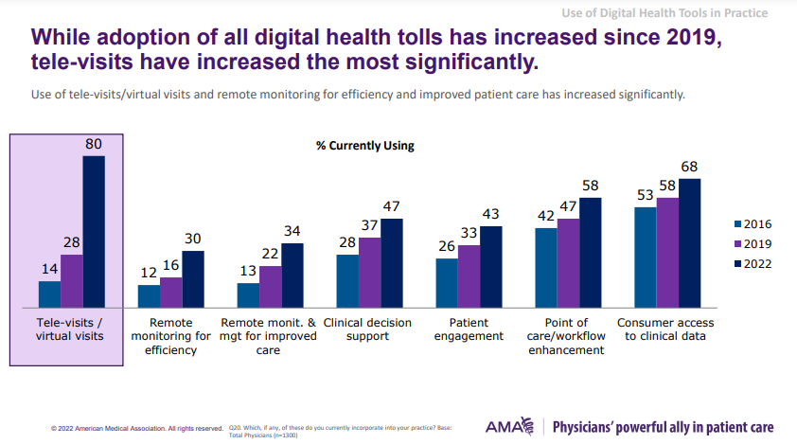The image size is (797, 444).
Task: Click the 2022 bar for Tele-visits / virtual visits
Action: pos(94,232)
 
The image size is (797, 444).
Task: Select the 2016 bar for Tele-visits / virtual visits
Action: pos(49,294)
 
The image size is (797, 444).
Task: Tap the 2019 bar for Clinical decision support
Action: pos(369,273)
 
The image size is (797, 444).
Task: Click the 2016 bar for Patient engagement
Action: pos(446,283)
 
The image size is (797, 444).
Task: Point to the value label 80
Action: pos(93,144)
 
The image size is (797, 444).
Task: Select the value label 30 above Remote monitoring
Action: pos(192,240)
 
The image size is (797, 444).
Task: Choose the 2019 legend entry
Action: pos(753,244)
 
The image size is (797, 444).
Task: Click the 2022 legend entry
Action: pos(753,264)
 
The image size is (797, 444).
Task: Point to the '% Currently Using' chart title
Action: pos(365,146)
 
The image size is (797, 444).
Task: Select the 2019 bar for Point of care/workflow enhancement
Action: pos(568,263)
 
